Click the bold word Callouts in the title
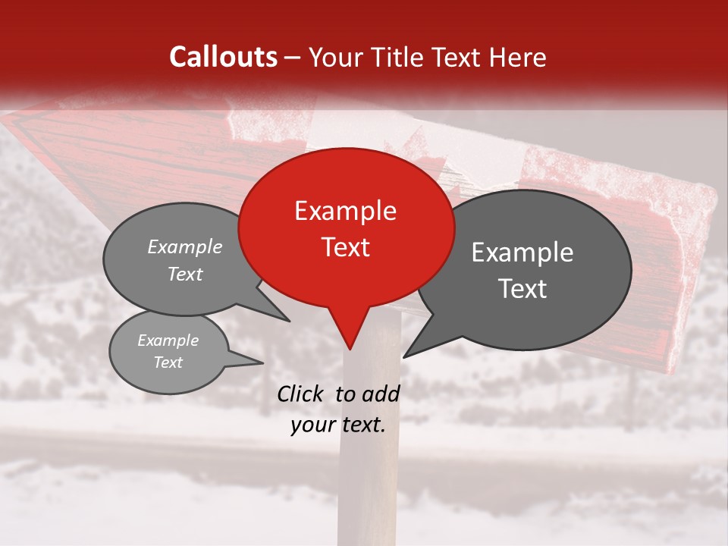(x=223, y=57)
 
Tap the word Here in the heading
(x=519, y=57)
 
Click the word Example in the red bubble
(x=345, y=211)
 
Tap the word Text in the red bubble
(x=345, y=247)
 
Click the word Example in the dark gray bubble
(x=522, y=253)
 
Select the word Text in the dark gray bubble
(x=523, y=289)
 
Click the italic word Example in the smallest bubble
(x=168, y=340)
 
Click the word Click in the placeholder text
(x=301, y=394)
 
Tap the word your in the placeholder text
(x=312, y=425)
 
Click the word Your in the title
(x=334, y=57)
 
